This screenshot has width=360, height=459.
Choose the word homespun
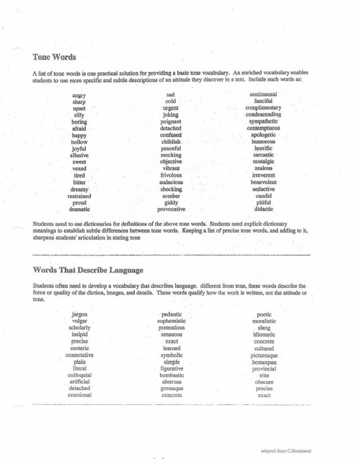point(264,361)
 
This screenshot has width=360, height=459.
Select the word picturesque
point(264,355)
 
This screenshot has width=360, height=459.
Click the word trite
point(264,375)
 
